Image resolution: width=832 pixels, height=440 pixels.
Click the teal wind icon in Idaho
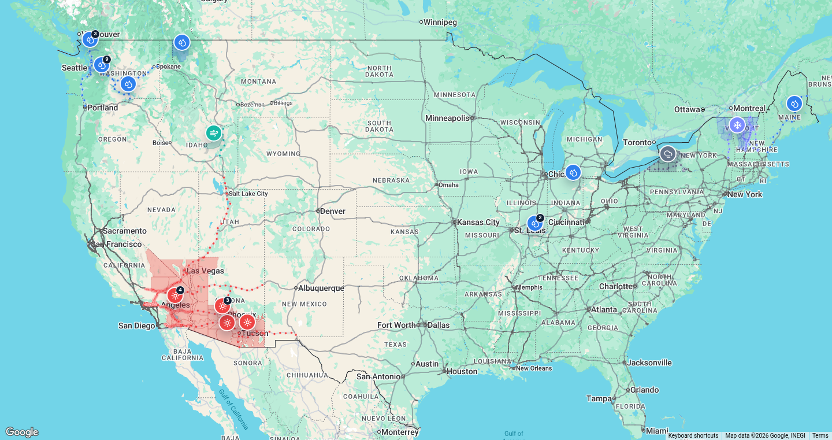tap(214, 133)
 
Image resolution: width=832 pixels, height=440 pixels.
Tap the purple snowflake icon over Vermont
tap(737, 125)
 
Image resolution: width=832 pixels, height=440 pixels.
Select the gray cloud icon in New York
tap(668, 154)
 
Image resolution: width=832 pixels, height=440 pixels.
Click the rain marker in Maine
tap(794, 103)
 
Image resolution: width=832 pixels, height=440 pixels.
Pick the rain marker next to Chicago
tap(573, 172)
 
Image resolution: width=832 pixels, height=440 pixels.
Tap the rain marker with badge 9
tap(102, 65)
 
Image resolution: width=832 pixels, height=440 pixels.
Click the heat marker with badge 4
tap(176, 295)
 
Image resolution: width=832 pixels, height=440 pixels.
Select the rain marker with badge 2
tap(535, 223)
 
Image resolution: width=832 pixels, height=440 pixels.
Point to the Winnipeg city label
tap(440, 22)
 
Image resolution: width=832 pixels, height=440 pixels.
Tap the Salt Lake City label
tap(248, 194)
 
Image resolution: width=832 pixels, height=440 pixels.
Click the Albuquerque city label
tap(321, 288)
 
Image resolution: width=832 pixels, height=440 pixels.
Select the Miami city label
tap(657, 431)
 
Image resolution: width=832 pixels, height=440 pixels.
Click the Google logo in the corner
tap(21, 432)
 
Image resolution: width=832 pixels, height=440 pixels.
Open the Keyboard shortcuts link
tap(693, 436)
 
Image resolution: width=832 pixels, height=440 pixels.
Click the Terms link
tap(820, 436)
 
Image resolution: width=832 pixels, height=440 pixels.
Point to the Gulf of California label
tap(234, 409)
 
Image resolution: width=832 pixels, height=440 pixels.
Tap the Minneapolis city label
tap(448, 118)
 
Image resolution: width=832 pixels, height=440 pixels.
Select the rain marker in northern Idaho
tap(181, 42)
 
